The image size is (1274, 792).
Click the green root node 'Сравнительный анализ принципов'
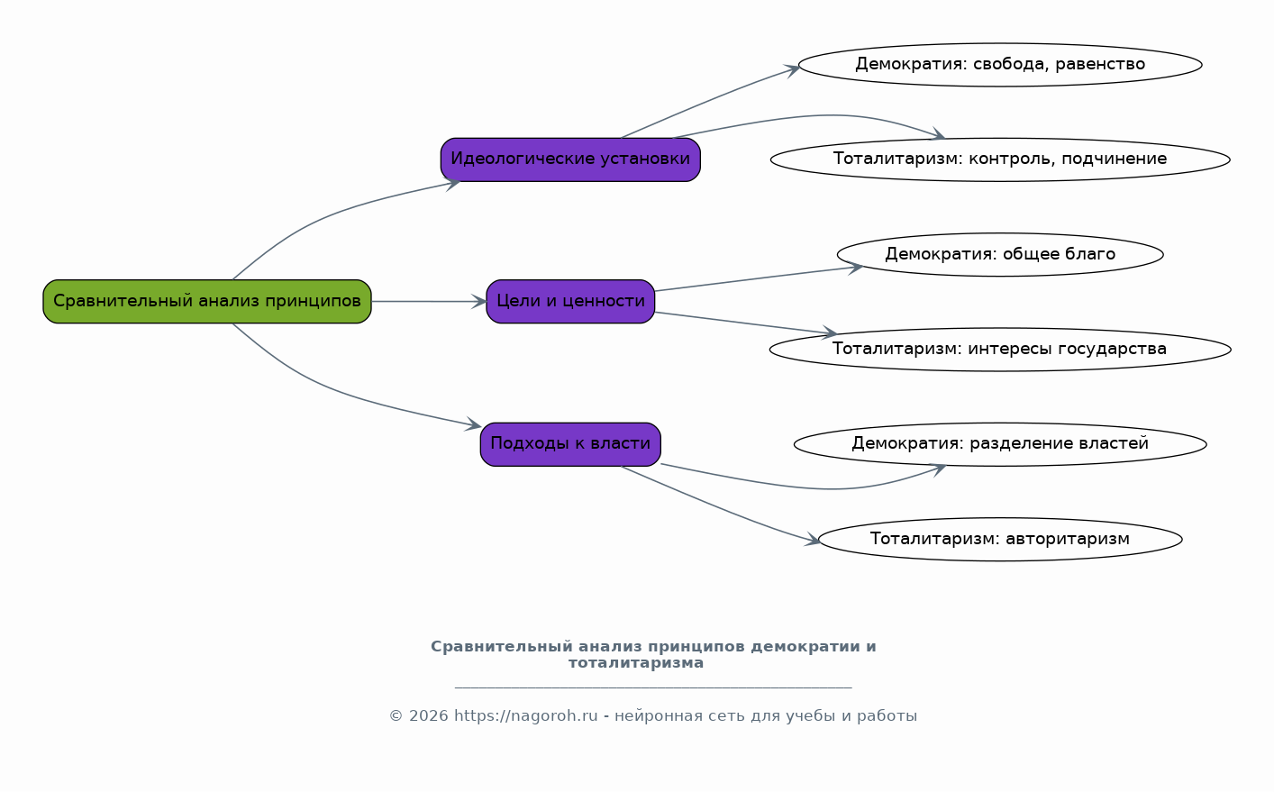point(207,302)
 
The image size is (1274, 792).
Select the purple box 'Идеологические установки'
point(570,159)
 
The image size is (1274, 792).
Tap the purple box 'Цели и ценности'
point(570,302)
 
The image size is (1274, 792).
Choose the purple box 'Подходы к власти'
point(570,444)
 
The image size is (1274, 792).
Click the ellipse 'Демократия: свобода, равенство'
point(1000,65)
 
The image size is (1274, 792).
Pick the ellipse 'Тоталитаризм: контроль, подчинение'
point(1000,159)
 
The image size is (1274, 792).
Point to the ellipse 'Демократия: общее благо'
point(1000,254)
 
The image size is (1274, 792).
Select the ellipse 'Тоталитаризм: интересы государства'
point(1000,350)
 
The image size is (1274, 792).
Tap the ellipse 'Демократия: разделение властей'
point(1000,444)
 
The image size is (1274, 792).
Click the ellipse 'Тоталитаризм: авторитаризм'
point(1000,540)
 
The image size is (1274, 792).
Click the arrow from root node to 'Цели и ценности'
point(429,302)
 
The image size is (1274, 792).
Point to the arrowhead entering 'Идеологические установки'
point(452,183)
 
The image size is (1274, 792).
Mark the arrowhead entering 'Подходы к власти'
point(473,424)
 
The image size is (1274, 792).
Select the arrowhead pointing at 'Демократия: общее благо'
point(855,267)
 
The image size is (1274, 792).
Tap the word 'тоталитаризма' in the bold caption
point(636,663)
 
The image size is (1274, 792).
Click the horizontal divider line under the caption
point(653,687)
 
